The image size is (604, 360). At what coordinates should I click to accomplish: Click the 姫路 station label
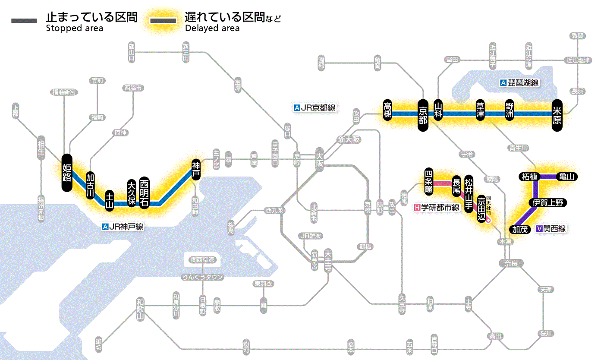click(66, 172)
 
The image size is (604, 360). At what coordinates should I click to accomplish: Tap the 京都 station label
click(423, 114)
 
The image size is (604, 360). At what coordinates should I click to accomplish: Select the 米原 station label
click(557, 115)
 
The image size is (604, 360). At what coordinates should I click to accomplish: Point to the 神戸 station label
click(196, 170)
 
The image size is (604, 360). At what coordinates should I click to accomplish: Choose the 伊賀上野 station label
click(547, 202)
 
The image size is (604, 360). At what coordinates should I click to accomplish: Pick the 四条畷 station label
click(428, 180)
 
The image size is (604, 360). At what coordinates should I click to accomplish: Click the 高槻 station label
click(388, 110)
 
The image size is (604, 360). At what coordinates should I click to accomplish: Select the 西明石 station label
click(145, 193)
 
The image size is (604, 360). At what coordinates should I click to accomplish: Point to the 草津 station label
click(480, 110)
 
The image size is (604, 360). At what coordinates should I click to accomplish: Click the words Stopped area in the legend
click(74, 28)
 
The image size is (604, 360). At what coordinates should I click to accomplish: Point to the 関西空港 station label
click(202, 260)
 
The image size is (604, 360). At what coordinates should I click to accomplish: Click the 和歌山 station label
click(140, 309)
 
